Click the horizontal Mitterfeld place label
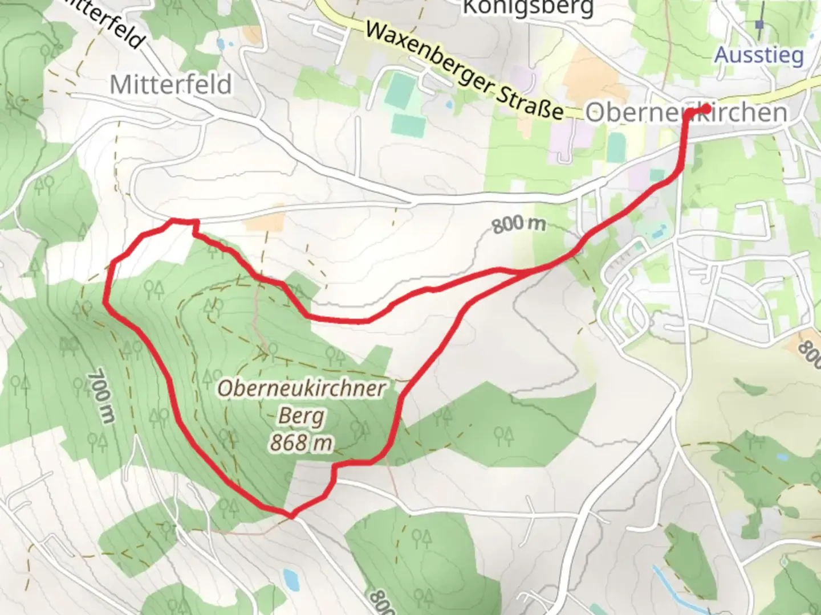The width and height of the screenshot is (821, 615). point(170,85)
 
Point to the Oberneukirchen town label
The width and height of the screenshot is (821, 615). point(686,112)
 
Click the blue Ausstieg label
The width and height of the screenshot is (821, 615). point(759,55)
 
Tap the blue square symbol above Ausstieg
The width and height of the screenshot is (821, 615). point(759,24)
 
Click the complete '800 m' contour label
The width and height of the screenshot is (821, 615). point(518,225)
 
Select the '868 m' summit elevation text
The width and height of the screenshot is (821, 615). point(301,442)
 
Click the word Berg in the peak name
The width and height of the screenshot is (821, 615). point(301,416)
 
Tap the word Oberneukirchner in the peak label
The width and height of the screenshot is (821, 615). point(302,389)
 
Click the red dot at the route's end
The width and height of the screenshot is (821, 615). point(706,108)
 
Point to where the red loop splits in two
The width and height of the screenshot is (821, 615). point(522,272)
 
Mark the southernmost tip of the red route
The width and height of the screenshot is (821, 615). point(291,516)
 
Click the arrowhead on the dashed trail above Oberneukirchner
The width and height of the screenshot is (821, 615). point(264,354)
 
